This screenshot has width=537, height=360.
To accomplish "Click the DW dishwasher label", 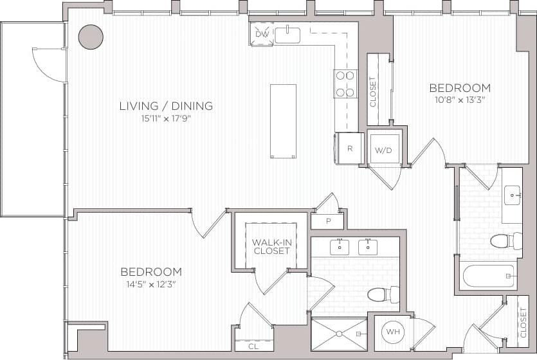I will click(x=261, y=34).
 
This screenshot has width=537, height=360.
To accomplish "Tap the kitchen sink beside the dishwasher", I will click(x=287, y=35).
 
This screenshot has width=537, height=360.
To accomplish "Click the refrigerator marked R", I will click(x=350, y=148).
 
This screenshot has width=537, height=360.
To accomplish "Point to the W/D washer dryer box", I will click(x=383, y=149).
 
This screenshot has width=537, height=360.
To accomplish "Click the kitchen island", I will click(x=283, y=121).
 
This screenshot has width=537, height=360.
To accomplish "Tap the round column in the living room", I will click(x=91, y=37).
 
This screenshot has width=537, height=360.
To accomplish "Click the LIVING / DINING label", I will click(x=166, y=106).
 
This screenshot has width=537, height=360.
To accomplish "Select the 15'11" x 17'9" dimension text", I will click(x=165, y=119).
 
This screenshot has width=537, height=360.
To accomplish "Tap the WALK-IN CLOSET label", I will click(x=271, y=246).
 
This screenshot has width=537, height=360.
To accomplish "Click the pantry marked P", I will click(x=327, y=221).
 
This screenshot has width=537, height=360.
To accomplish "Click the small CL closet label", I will click(x=254, y=346).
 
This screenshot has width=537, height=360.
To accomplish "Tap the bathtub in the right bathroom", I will click(x=489, y=276).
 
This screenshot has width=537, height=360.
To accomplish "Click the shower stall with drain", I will click(x=339, y=334).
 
